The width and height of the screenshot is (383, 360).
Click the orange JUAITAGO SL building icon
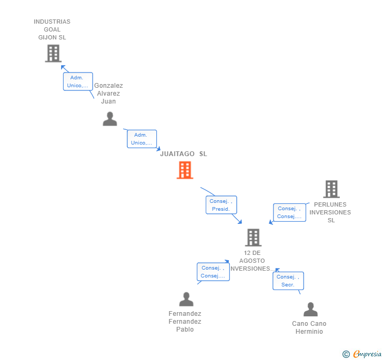(x=185, y=170)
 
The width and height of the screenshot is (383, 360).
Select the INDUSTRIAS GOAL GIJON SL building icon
(x=53, y=54)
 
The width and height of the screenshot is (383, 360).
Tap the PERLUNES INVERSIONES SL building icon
(x=331, y=189)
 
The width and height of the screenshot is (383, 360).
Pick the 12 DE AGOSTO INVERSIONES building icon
(x=253, y=238)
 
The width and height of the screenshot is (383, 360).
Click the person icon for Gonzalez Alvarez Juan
(x=109, y=119)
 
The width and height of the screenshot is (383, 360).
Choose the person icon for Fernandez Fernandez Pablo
(x=186, y=300)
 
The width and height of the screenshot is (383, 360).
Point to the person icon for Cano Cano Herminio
(x=310, y=310)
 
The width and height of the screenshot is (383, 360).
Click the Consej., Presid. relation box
(x=221, y=205)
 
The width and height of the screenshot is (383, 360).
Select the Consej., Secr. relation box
(x=288, y=281)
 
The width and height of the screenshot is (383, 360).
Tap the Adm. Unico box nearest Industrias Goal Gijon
(x=78, y=81)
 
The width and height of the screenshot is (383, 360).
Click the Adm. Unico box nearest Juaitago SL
(x=142, y=139)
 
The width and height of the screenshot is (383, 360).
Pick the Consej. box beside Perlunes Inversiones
(x=289, y=212)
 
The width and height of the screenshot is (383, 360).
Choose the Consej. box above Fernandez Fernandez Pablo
(x=213, y=272)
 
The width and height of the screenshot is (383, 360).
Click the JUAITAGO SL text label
(x=184, y=154)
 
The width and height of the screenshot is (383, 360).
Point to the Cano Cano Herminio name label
(x=309, y=327)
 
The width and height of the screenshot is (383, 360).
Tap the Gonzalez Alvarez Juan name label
(x=108, y=94)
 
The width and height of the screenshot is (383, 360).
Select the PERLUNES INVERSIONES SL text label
(x=330, y=212)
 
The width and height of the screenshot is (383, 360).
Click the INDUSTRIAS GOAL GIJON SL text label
(x=52, y=29)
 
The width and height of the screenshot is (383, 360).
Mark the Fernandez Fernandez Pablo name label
(x=185, y=322)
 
